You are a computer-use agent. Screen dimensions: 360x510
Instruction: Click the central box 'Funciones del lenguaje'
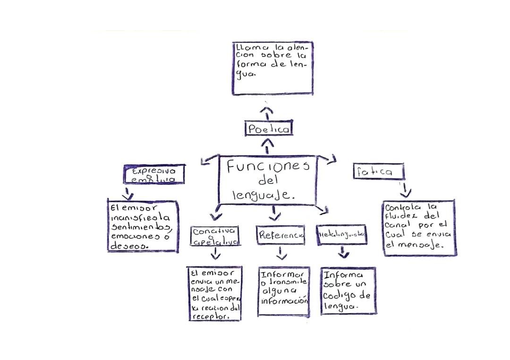267,181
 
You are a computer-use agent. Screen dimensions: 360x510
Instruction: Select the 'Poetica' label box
268,128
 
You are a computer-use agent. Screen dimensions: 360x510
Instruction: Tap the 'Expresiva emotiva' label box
154,174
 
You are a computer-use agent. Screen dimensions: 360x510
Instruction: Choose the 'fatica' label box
379,171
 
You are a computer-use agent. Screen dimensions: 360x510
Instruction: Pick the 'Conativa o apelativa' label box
215,236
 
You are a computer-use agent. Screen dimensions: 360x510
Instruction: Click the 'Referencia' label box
281,234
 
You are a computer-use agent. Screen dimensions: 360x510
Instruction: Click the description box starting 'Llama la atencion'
272,68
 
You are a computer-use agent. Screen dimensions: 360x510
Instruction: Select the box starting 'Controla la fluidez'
419,227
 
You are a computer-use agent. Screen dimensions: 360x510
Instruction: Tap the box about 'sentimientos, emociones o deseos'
143,226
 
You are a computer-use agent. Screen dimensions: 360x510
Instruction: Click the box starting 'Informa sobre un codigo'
348,290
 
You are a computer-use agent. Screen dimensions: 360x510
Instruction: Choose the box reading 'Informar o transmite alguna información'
284,291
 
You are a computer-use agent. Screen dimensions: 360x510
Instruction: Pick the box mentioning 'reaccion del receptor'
215,293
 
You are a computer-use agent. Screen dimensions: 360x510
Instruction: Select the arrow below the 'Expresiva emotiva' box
127,193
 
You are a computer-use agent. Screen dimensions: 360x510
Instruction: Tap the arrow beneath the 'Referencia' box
281,254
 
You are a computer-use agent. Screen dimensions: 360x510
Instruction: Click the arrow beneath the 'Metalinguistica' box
344,254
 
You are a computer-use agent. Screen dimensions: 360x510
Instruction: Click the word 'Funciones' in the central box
267,167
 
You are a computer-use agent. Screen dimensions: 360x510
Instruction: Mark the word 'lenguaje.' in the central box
264,195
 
